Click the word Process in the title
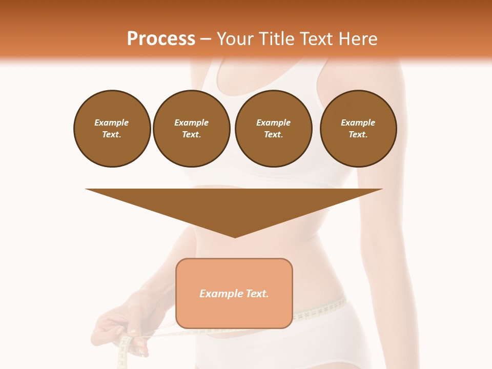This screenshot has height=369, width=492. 161,39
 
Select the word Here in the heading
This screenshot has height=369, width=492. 357,39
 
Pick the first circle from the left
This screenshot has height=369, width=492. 112,129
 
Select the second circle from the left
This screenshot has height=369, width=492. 191,129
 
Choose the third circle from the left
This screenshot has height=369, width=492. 273,129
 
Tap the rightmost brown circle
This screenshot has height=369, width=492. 358,129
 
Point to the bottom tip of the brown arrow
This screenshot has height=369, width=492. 235,236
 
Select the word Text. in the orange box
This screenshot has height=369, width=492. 257,294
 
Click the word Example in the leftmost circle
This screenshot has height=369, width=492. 112,122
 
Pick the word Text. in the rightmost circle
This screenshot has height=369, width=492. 358,134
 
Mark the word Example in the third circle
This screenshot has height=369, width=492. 273,122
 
